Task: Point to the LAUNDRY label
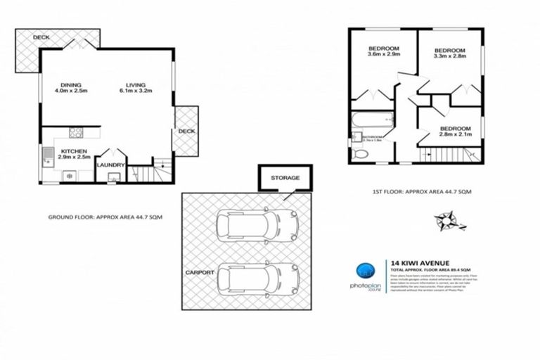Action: (111, 165)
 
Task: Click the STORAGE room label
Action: (285, 178)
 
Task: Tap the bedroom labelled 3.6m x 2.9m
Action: (385, 51)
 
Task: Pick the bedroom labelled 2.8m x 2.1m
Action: (455, 132)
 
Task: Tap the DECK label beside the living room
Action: (186, 131)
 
